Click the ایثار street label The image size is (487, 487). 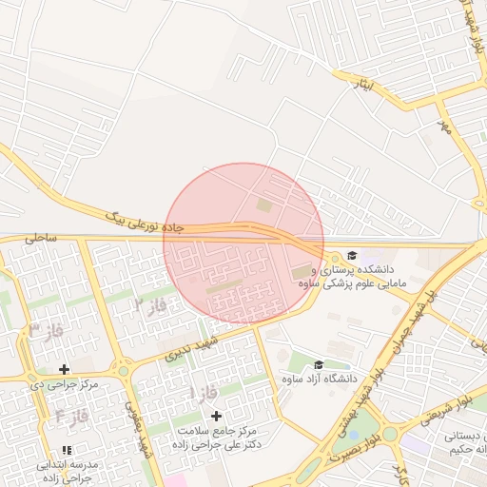(364, 83)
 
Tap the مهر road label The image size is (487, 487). (442, 127)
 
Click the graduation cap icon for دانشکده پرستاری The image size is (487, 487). (352, 255)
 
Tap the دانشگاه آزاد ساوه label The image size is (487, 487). (320, 380)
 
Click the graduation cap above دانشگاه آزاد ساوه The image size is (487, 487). (319, 364)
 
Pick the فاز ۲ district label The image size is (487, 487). (149, 306)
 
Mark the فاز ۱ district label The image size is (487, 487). (205, 392)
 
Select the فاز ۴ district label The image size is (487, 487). (71, 416)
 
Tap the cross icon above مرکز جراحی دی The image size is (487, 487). (64, 369)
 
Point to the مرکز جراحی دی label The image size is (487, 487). (64, 384)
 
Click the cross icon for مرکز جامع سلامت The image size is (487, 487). (216, 416)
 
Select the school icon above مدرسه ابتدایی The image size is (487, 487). (66, 450)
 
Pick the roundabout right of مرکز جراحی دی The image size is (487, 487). (123, 370)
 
